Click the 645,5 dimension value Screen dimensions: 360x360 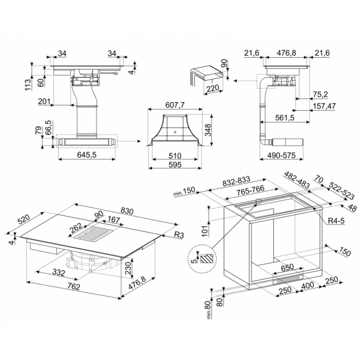86,155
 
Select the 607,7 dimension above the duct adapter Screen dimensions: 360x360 175,105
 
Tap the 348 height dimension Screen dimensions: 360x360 208,130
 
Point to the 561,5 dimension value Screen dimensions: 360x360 285,118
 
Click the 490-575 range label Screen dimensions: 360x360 281,155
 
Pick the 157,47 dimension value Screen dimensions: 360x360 324,106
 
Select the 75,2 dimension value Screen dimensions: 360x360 320,94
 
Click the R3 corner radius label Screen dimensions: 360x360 179,234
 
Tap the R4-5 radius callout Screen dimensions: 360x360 336,221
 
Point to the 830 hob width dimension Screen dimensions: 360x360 127,211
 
